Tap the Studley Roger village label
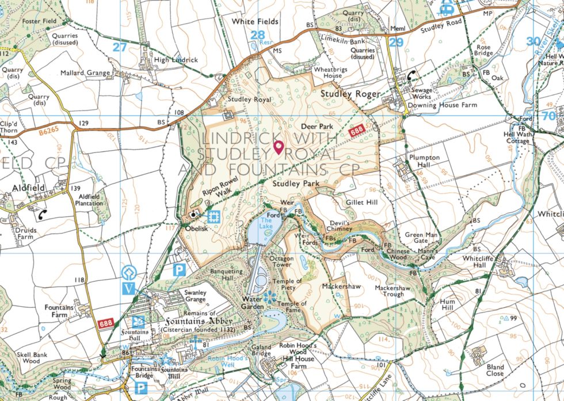pyautogui.click(x=350, y=94)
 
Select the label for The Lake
pyautogui.click(x=266, y=223)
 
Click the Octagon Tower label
pyautogui.click(x=282, y=262)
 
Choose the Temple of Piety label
pyautogui.click(x=287, y=285)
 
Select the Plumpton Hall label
pyautogui.click(x=424, y=161)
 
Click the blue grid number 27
pyautogui.click(x=119, y=47)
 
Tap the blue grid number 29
pyautogui.click(x=395, y=42)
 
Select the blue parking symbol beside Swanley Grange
pyautogui.click(x=180, y=269)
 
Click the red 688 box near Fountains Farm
pyautogui.click(x=105, y=324)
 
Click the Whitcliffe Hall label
pyautogui.click(x=478, y=262)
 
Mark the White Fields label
pyautogui.click(x=255, y=21)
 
